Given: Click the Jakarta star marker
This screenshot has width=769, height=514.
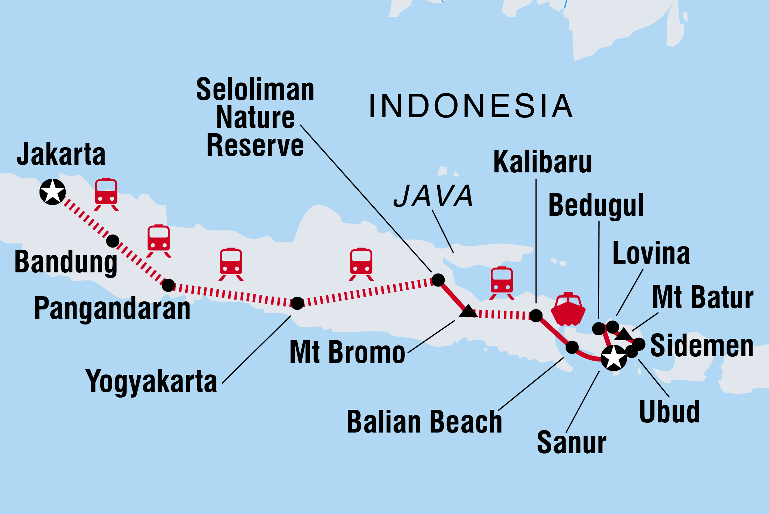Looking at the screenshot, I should coord(52,192).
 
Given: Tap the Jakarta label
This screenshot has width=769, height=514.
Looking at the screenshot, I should coord(61,154).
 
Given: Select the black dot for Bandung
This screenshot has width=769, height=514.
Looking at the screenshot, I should coord(113,241).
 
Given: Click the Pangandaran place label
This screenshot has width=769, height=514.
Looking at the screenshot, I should coord(112,308).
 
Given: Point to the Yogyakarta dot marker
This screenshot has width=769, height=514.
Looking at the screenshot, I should coord(297,303).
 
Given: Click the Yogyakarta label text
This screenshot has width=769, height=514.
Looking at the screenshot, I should coord(151,381).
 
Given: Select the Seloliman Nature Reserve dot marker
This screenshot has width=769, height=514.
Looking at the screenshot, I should coord(438,280).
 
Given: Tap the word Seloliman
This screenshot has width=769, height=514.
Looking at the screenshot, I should coord(255,90).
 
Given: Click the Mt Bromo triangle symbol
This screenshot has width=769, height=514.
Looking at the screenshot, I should coord(468,311).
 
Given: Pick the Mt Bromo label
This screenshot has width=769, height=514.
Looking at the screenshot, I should coord(347,352).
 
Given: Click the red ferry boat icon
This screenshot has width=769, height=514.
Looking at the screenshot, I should coord(568,309).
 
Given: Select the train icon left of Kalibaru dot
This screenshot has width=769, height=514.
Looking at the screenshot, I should coord(502,283).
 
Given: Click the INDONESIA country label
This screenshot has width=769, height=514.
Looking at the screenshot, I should coord(470,106).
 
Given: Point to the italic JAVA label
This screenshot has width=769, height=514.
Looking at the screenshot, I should coord(433,196).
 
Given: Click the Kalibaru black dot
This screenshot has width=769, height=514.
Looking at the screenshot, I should coord(536,315).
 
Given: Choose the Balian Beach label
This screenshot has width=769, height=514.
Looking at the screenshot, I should coord(424,422).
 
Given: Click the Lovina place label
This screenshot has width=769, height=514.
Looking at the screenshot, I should coord(651,253).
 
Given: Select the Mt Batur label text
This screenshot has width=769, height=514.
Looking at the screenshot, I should coord(703,298).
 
